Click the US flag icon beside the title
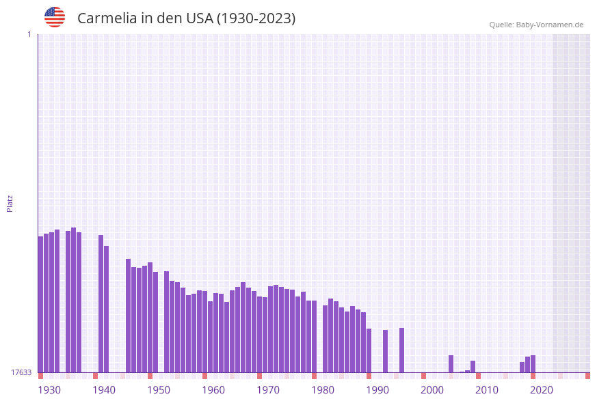[55, 17]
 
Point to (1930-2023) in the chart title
[256, 18]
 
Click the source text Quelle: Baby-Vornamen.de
[536, 25]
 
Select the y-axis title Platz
[10, 203]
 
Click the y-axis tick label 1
[29, 34]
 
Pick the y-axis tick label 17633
[21, 372]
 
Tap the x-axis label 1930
[49, 390]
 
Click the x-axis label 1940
[104, 390]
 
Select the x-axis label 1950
[159, 390]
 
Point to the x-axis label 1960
[213, 390]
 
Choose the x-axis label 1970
[268, 390]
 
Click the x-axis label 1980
[323, 390]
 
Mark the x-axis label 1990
[377, 390]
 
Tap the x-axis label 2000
[432, 390]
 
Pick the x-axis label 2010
[487, 390]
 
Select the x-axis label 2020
[542, 390]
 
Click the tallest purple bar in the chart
[74, 301]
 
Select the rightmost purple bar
[533, 364]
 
